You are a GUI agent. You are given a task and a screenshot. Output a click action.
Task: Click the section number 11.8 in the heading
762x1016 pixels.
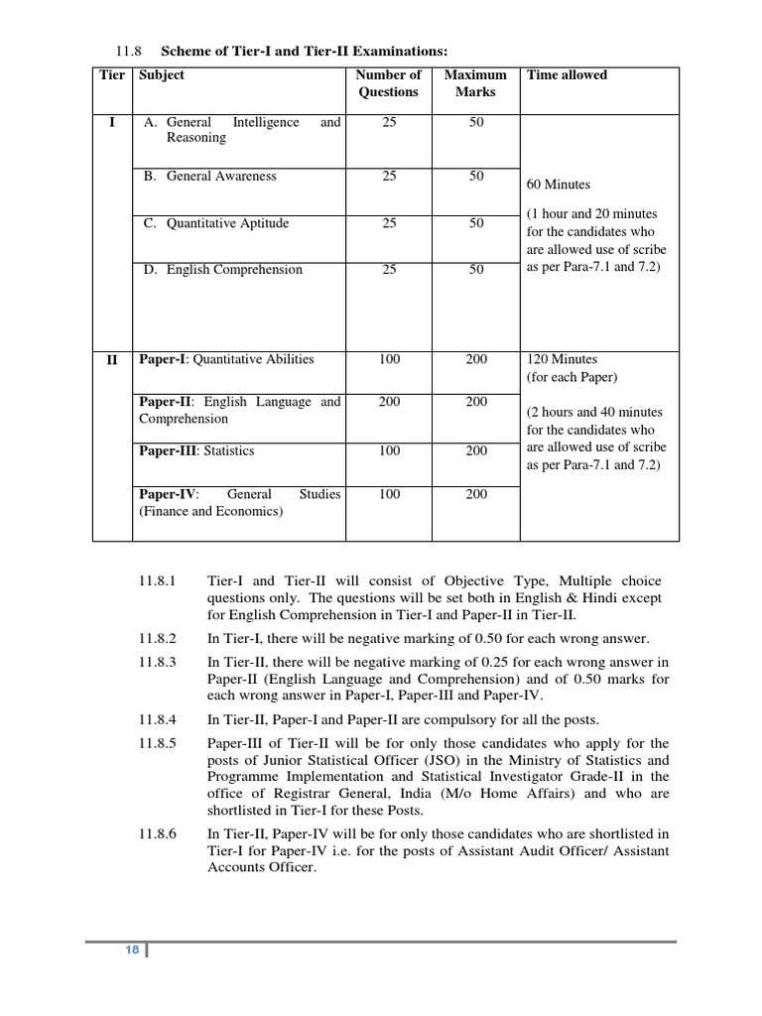coord(130,51)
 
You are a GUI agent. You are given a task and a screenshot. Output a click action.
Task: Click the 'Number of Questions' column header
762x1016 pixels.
coord(388,83)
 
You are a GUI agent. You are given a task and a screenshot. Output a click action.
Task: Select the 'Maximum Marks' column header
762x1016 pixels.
coord(475,83)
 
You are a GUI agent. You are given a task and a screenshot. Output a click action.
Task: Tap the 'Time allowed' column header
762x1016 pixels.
coord(567,75)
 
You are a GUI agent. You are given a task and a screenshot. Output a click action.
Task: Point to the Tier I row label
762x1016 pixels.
coord(111,123)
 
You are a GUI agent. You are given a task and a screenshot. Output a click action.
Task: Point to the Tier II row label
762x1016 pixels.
coord(111,360)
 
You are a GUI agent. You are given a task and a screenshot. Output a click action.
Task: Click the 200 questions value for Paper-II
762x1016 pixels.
coord(389,402)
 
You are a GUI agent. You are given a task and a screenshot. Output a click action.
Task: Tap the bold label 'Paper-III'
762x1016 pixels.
coord(168,451)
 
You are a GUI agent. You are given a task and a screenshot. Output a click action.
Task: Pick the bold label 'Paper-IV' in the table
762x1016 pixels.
coord(168,494)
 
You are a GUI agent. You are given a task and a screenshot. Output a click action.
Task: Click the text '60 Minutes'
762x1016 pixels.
coord(558,185)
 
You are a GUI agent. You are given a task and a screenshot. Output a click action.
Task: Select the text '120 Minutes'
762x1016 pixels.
coord(562,360)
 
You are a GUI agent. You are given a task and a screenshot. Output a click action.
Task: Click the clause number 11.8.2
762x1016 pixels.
coord(158,639)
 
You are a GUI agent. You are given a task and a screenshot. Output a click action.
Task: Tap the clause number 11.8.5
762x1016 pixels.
coord(158,744)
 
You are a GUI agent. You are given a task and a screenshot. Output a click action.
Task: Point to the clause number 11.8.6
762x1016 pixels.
coord(158,834)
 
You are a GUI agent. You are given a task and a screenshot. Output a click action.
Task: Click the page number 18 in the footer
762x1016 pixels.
coord(132,951)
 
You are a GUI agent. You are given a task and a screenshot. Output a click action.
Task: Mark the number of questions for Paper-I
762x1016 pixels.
coord(389,360)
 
